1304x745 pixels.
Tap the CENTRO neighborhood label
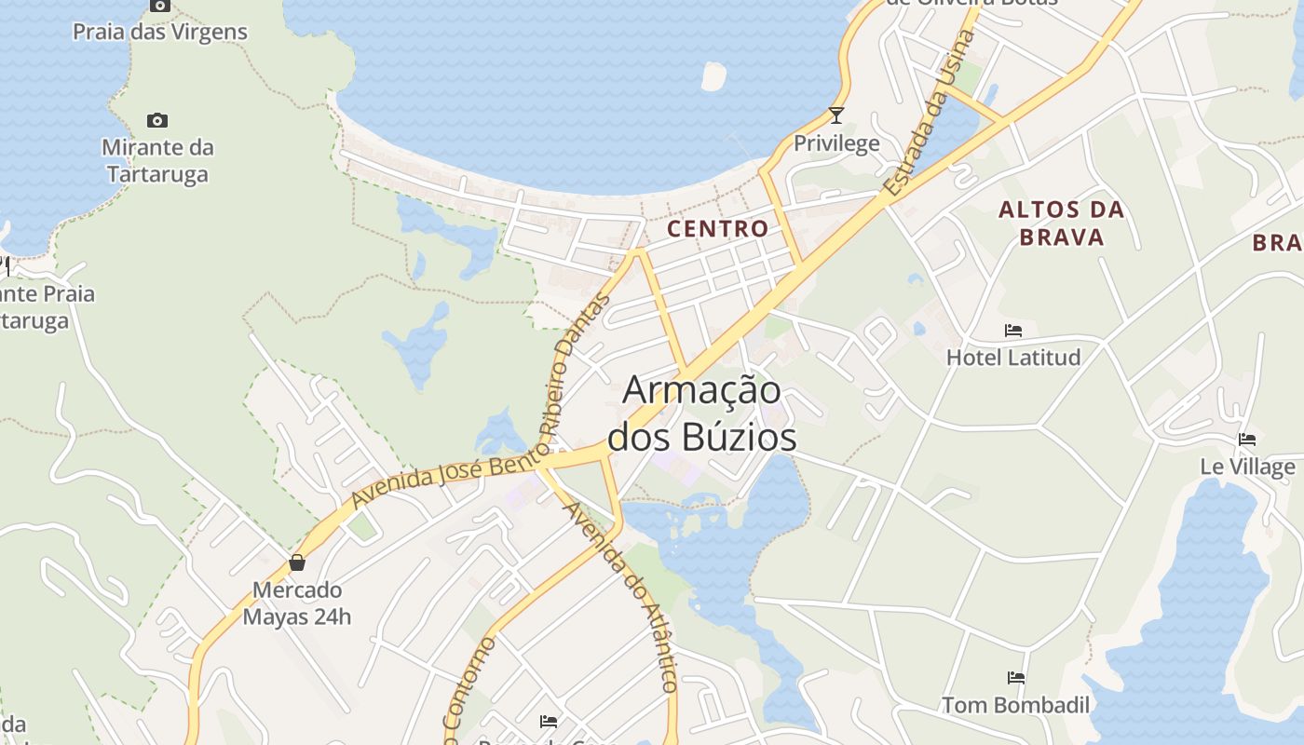click(x=718, y=228)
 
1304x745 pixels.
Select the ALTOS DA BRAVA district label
click(x=1061, y=223)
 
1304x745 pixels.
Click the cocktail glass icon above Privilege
click(x=836, y=115)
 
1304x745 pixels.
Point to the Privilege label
click(x=836, y=143)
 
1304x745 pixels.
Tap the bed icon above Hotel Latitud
click(x=1013, y=331)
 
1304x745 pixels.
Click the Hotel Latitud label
click(x=1013, y=358)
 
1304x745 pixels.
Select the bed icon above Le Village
click(x=1247, y=440)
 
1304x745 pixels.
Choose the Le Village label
click(x=1247, y=467)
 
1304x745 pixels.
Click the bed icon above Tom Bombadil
click(x=1015, y=678)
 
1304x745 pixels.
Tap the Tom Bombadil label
click(x=1015, y=705)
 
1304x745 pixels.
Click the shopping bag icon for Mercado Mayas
click(x=297, y=562)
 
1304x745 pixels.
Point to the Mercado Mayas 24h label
click(x=297, y=603)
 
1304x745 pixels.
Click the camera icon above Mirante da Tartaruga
click(x=157, y=120)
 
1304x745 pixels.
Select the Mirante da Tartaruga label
click(x=157, y=160)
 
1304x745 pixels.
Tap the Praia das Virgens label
click(x=160, y=32)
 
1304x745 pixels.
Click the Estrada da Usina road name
click(x=929, y=114)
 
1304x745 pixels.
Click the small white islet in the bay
click(x=713, y=77)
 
